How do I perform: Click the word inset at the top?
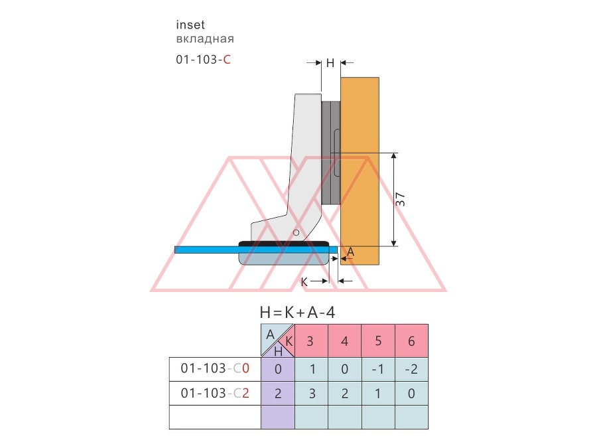pyautogui.click(x=190, y=25)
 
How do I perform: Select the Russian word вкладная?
pyautogui.click(x=205, y=39)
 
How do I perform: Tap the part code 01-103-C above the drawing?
pyautogui.click(x=203, y=60)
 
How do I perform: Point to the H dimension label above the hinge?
pyautogui.click(x=330, y=63)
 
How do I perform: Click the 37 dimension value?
pyautogui.click(x=400, y=200)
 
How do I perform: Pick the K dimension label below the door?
pyautogui.click(x=304, y=282)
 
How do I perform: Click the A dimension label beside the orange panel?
pyautogui.click(x=351, y=252)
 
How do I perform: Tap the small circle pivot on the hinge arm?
pyautogui.click(x=297, y=232)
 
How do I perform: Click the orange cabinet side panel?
pyautogui.click(x=360, y=171)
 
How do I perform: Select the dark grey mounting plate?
pyautogui.click(x=331, y=153)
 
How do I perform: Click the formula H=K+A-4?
pyautogui.click(x=297, y=313)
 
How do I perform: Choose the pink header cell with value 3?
pyautogui.click(x=311, y=340)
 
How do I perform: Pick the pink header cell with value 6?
pyautogui.click(x=411, y=340)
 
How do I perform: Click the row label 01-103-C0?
pyautogui.click(x=215, y=368)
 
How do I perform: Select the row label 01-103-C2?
pyautogui.click(x=215, y=393)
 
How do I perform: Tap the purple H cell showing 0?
pyautogui.click(x=278, y=369)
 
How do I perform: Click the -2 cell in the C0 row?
pyautogui.click(x=411, y=369)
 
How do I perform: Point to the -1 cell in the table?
pyautogui.click(x=378, y=369)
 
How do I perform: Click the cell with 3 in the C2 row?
pyautogui.click(x=311, y=393)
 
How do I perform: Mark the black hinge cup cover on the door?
pyautogui.click(x=284, y=244)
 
